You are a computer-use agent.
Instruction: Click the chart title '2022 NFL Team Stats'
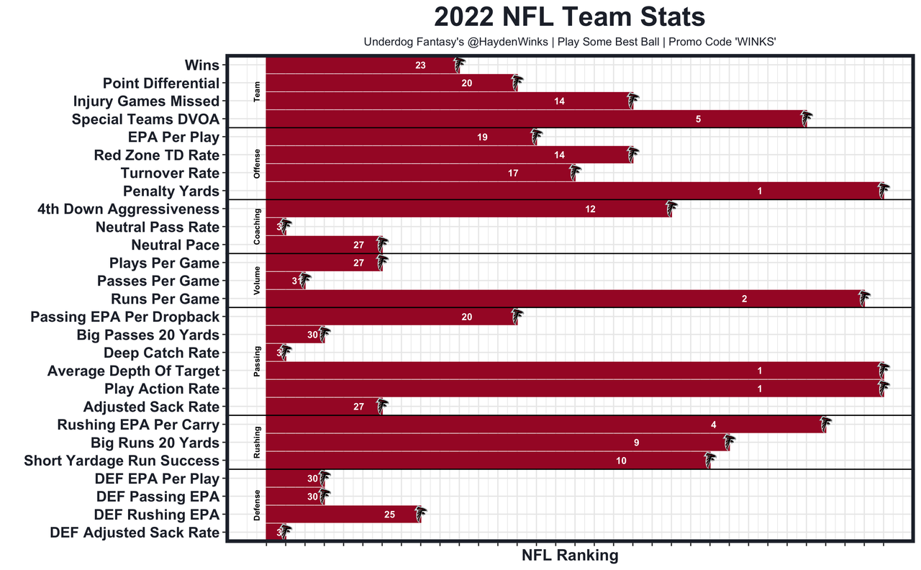pyautogui.click(x=569, y=17)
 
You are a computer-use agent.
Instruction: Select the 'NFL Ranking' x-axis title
pyautogui.click(x=569, y=556)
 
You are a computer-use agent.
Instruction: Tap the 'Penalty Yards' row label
pyautogui.click(x=171, y=191)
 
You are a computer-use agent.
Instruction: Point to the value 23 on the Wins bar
pyautogui.click(x=420, y=65)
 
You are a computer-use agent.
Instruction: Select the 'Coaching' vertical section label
pyautogui.click(x=257, y=227)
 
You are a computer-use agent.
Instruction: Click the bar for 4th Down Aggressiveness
pyautogui.click(x=468, y=209)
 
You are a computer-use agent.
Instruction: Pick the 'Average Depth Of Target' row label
pyautogui.click(x=133, y=371)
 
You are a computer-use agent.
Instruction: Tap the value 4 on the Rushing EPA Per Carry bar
pyautogui.click(x=713, y=425)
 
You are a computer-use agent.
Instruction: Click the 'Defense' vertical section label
pyautogui.click(x=257, y=505)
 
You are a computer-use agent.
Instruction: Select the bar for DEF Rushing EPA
pyautogui.click(x=342, y=515)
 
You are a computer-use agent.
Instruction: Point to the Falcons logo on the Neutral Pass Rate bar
pyautogui.click(x=285, y=227)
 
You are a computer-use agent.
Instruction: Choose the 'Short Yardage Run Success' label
pyautogui.click(x=122, y=461)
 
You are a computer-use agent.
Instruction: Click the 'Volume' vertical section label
pyautogui.click(x=257, y=281)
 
